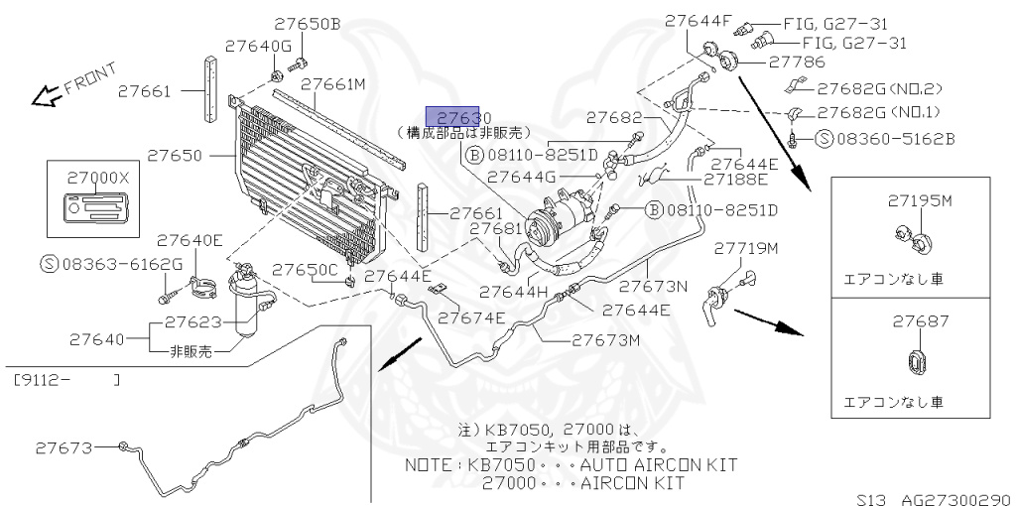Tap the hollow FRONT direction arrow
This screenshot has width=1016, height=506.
(x=44, y=96)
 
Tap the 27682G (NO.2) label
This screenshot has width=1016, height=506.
(x=872, y=88)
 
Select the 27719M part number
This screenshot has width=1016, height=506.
(x=746, y=247)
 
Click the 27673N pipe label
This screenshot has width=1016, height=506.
(x=654, y=287)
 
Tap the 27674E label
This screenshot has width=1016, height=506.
(x=471, y=317)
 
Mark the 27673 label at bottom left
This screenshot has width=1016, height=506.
(x=66, y=447)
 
